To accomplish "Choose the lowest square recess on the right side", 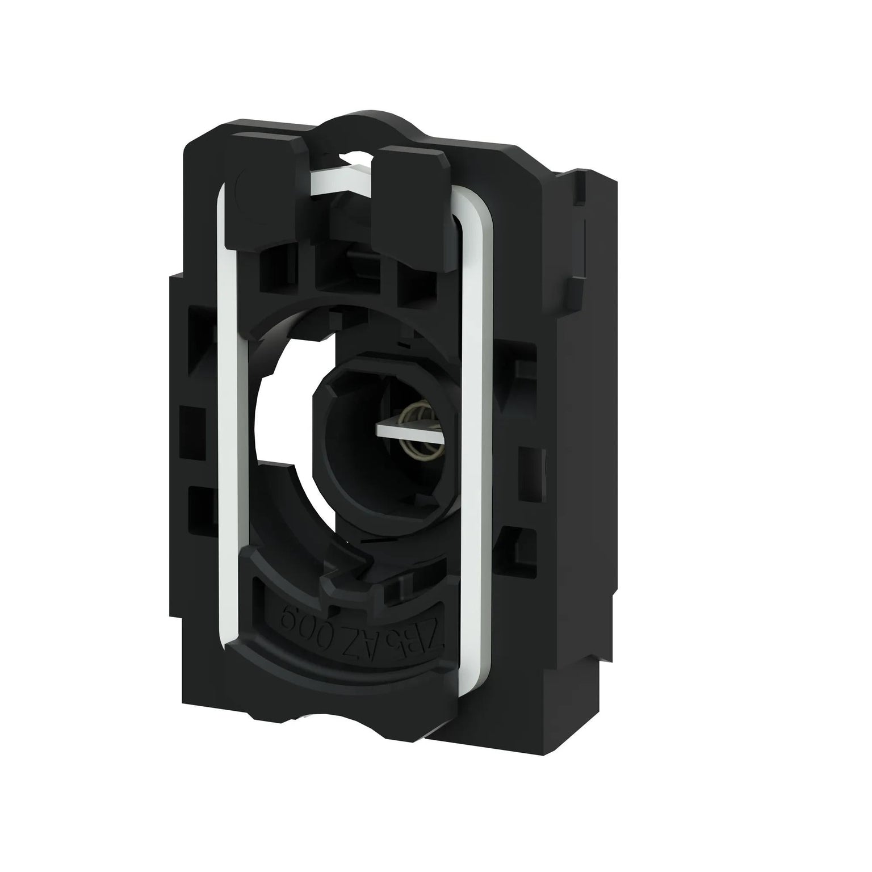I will click(519, 539).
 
